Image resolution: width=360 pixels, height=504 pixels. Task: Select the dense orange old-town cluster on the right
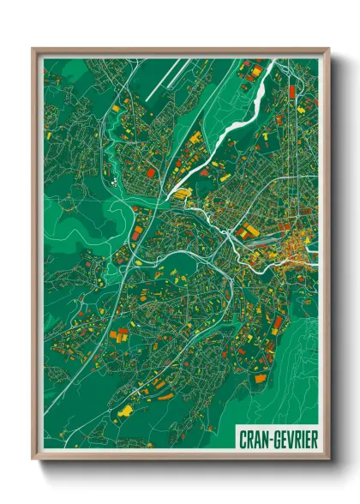tap(287, 248)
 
